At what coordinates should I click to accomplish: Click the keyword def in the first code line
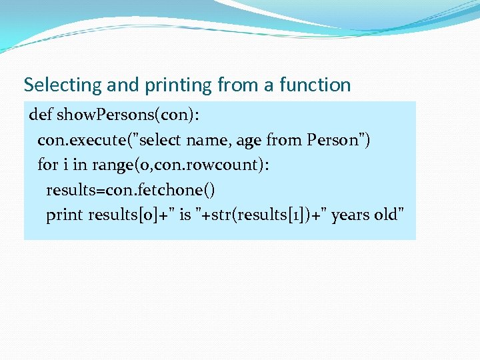point(40,115)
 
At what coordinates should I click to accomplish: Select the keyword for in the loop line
point(48,165)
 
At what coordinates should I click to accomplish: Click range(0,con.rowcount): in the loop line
point(181,165)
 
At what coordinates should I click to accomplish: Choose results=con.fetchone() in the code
point(131,191)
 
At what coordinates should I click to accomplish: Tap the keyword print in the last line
point(65,215)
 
